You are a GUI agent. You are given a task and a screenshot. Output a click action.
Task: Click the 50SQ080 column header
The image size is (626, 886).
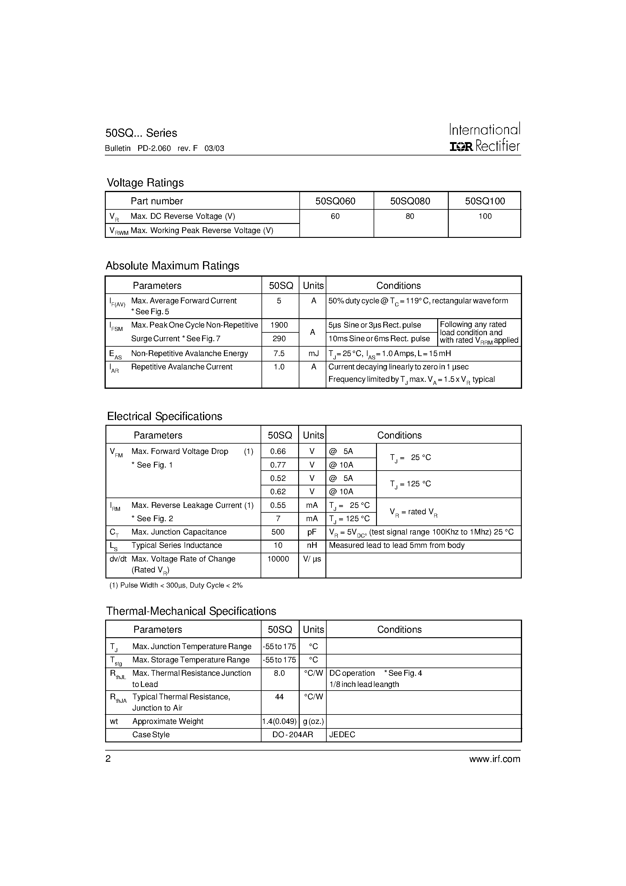pos(410,201)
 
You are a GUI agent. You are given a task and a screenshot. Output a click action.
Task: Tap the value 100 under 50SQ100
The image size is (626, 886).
pos(485,216)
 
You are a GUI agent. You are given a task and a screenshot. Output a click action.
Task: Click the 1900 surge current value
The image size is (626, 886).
pos(279,325)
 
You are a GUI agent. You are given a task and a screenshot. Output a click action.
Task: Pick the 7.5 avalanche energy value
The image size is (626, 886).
pos(279,354)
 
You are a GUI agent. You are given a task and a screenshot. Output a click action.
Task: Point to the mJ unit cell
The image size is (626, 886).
pos(313,354)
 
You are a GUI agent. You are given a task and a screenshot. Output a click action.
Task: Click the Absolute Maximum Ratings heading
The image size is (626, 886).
pos(172,265)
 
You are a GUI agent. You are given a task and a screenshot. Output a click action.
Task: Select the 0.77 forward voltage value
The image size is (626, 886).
pos(278,465)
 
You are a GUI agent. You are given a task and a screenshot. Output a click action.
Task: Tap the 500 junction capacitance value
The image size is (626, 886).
pos(278,532)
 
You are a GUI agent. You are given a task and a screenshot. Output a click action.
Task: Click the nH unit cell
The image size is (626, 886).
pos(312,545)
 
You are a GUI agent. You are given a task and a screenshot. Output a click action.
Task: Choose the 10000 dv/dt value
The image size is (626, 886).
pos(278,559)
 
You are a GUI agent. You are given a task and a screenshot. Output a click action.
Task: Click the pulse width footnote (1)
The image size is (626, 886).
pos(176,585)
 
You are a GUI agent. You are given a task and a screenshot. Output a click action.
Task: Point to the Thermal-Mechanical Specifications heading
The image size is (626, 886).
pos(191,611)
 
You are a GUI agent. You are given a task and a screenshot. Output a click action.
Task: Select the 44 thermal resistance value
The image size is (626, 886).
pos(279,697)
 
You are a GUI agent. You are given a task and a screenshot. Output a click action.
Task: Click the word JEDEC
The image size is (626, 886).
pos(342,734)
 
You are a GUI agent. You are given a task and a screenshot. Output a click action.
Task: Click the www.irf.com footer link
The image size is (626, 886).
pos(494,759)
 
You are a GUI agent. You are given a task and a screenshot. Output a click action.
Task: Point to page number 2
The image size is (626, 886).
pos(108,759)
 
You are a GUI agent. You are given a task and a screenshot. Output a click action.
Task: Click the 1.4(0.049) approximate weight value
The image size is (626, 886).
pos(279,721)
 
